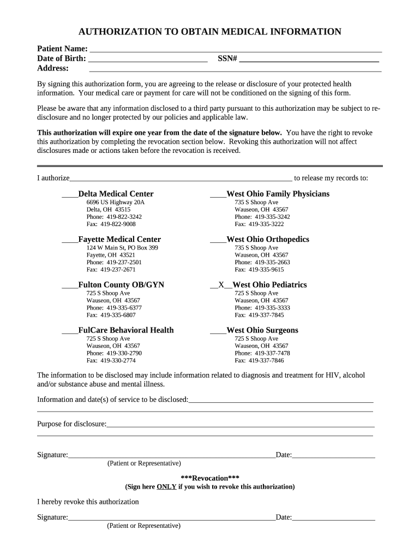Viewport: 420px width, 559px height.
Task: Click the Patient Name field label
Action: coord(62,49)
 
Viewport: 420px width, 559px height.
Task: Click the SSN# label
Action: coord(227,58)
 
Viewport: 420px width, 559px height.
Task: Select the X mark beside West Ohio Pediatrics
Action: coord(221,285)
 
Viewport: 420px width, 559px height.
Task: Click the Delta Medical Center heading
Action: coord(116,194)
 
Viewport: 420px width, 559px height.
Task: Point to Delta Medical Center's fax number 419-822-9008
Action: coord(111,224)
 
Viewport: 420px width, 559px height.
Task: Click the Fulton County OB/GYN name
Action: coord(121,285)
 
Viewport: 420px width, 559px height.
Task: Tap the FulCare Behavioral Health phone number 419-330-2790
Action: coord(111,353)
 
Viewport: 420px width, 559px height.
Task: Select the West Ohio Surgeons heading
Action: coord(262,330)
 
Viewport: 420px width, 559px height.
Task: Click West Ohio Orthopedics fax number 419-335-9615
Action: coord(259,270)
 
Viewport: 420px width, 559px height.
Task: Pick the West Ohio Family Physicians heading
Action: coord(278,194)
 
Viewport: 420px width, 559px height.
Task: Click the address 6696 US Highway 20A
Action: coord(116,203)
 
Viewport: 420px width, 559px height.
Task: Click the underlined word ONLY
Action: coord(166,486)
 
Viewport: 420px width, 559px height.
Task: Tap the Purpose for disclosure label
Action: coord(71,424)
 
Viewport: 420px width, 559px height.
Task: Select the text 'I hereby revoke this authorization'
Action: coord(88,502)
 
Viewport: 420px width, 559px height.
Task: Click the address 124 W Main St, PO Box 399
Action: coord(122,248)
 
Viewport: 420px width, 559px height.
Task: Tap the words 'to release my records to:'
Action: coord(331,178)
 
